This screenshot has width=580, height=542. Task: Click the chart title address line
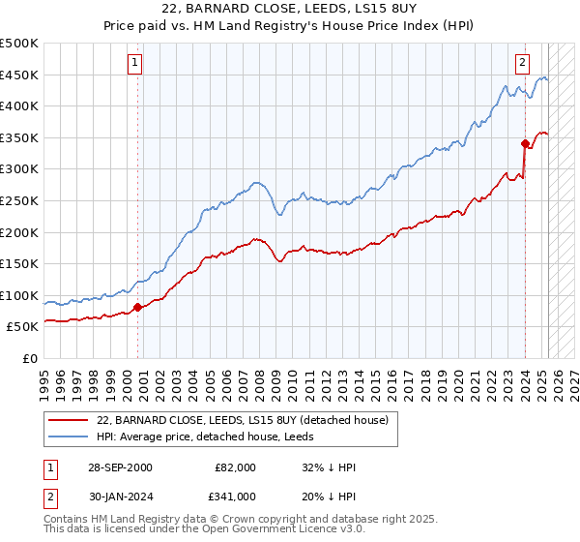tap(290, 10)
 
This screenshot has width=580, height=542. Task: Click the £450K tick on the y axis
tap(20, 75)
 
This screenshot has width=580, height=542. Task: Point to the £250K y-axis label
tap(20, 200)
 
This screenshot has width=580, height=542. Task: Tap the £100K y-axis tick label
tap(20, 295)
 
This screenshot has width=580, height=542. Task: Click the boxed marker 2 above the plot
tap(522, 63)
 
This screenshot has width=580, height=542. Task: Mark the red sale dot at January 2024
tap(525, 144)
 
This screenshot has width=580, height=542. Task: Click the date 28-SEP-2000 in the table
tap(120, 467)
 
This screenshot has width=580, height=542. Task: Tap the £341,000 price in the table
tap(236, 497)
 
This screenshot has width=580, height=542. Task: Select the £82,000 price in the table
tap(236, 467)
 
